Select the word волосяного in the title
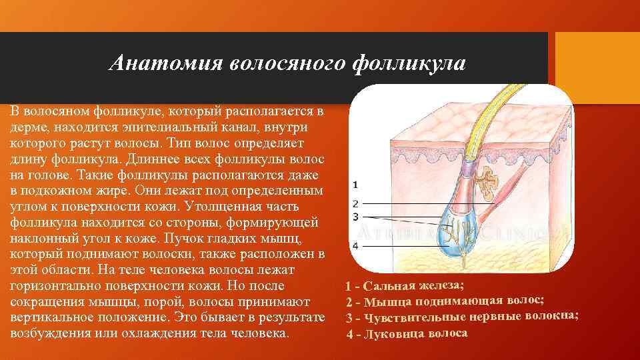(287, 63)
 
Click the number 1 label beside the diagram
(355, 184)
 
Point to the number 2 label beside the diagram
(355, 203)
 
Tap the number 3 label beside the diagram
(355, 217)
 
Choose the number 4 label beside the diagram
(355, 245)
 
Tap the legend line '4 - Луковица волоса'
(407, 333)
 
